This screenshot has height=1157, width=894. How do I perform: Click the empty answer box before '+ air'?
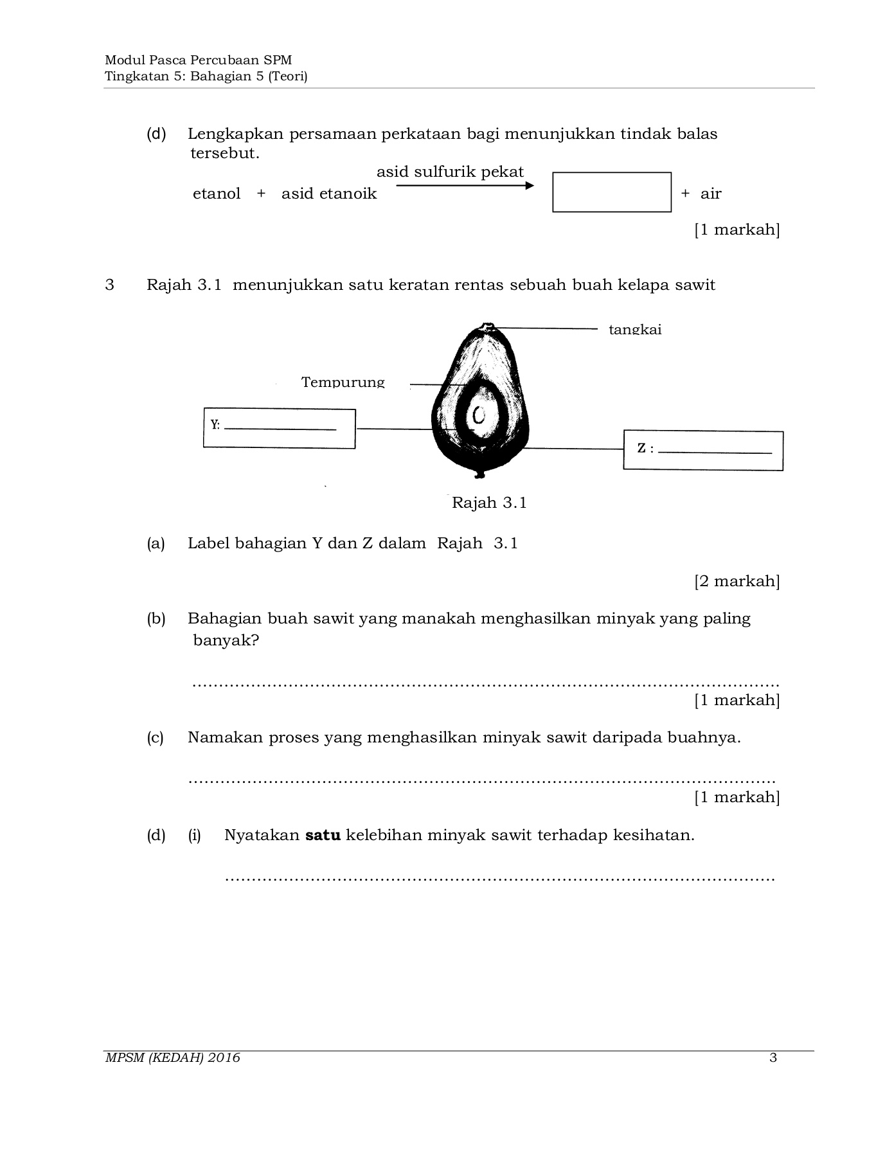tap(611, 192)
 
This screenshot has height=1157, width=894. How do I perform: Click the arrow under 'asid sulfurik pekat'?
tap(464, 186)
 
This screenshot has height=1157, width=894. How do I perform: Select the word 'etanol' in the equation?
tap(217, 193)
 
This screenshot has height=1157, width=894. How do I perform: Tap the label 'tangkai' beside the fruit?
tap(634, 330)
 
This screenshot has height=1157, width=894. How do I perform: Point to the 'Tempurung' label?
tap(343, 382)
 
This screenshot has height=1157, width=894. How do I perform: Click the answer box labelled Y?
tap(279, 428)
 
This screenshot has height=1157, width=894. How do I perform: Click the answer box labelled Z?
tap(702, 450)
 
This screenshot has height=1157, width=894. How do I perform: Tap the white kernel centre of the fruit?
tap(479, 416)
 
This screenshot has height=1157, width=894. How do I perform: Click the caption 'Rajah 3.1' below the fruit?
tap(489, 503)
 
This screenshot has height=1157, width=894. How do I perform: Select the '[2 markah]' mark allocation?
tap(737, 581)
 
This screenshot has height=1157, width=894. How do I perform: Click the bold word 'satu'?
tap(323, 835)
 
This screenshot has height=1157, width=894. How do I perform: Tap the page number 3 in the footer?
tap(773, 1057)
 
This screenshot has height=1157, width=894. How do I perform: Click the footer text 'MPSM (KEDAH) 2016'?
tap(172, 1057)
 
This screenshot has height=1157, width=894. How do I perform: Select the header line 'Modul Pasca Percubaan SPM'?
tap(198, 60)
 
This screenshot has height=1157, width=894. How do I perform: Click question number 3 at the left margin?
tap(110, 285)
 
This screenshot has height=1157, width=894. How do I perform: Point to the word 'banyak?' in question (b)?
tap(226, 640)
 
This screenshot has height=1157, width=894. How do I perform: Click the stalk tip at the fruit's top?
tap(488, 326)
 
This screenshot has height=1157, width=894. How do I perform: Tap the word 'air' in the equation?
tap(711, 193)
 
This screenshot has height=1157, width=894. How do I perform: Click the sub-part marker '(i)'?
tap(194, 835)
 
